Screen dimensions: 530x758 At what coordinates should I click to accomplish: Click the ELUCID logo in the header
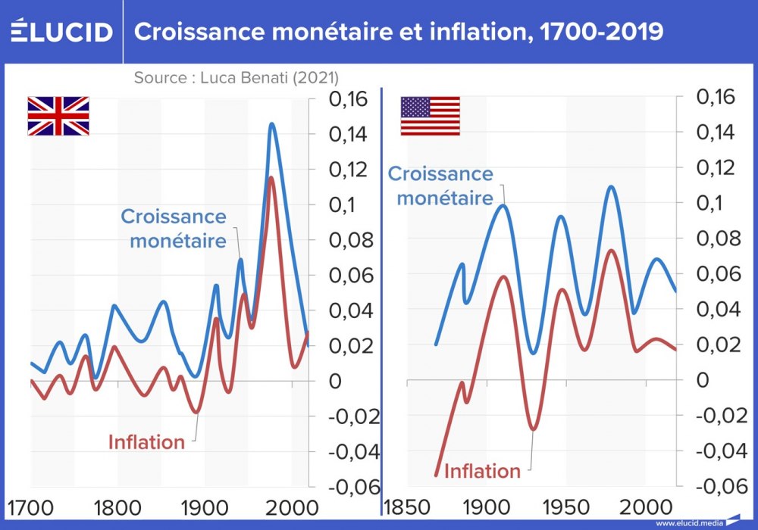click(62, 31)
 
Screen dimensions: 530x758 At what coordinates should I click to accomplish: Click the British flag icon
click(58, 116)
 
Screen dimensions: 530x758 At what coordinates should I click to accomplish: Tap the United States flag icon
click(430, 116)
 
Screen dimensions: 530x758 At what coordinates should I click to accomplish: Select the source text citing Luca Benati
click(236, 77)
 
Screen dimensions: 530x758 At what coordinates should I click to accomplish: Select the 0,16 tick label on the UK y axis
click(348, 98)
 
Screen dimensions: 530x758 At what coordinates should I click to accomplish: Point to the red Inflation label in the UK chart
click(146, 442)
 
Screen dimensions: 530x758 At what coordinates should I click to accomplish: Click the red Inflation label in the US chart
click(482, 471)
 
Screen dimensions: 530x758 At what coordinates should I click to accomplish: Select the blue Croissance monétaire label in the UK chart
click(174, 229)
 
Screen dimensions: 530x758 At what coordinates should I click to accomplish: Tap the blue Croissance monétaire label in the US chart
click(440, 185)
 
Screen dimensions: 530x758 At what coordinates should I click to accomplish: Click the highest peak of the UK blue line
click(271, 123)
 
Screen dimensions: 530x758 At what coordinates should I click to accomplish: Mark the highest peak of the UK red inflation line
click(271, 177)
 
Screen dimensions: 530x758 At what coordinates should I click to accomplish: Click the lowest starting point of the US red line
click(436, 475)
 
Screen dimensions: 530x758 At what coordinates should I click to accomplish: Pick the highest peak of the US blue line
click(611, 186)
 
